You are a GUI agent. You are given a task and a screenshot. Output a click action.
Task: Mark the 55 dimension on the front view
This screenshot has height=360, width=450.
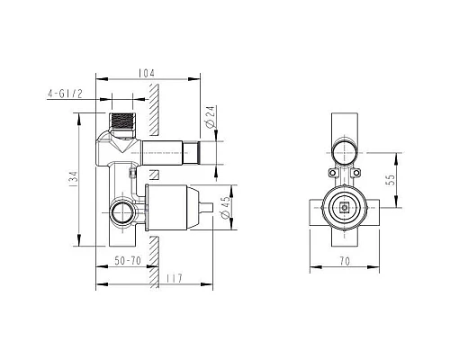coord(388,180)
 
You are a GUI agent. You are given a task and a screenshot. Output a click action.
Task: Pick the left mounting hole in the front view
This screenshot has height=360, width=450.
coord(332,172)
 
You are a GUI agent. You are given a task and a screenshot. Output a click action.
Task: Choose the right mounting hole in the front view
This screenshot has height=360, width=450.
coord(357,172)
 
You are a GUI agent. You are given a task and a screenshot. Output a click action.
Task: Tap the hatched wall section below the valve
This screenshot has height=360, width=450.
coord(155,256)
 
